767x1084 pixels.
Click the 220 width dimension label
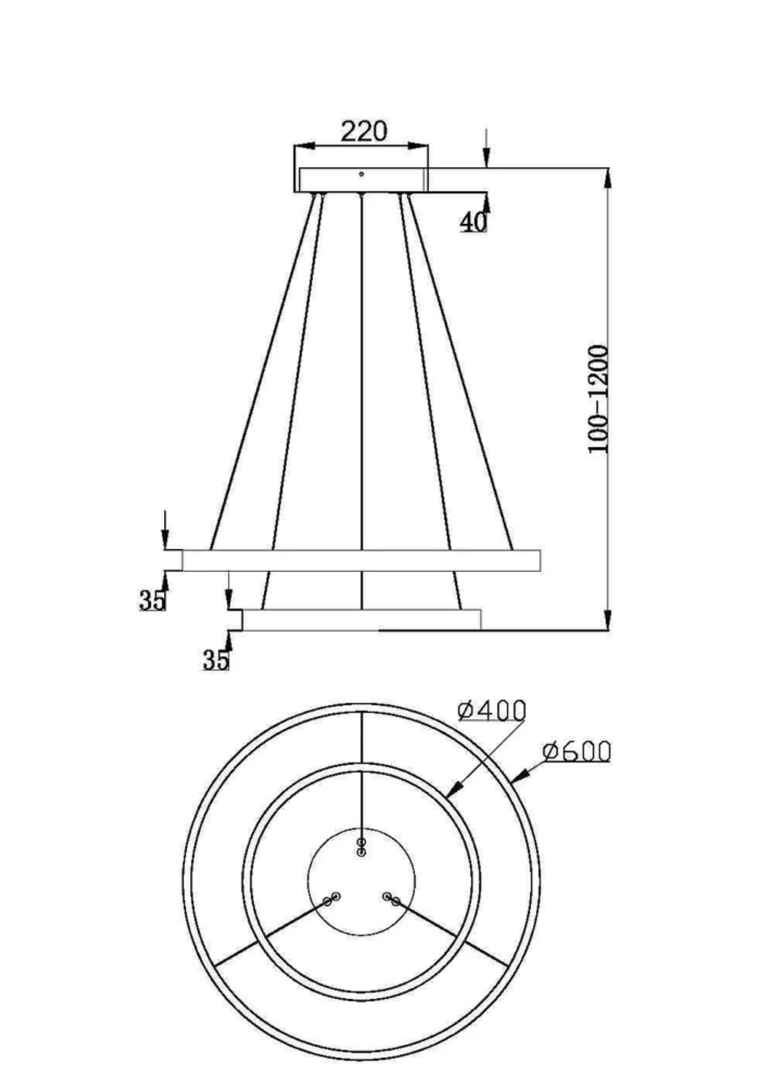click(x=364, y=131)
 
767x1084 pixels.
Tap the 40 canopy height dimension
click(x=473, y=222)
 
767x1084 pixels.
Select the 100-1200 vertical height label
click(x=598, y=399)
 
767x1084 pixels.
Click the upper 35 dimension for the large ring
click(x=152, y=600)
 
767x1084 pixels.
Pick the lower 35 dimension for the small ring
click(x=216, y=659)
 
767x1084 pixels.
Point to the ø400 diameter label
click(x=492, y=711)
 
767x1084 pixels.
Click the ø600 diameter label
click(x=576, y=751)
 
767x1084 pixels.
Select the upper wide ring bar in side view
click(x=360, y=560)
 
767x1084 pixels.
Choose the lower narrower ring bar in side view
click(x=360, y=619)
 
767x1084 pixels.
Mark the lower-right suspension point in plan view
click(x=391, y=899)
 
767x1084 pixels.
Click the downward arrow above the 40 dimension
click(x=486, y=157)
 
